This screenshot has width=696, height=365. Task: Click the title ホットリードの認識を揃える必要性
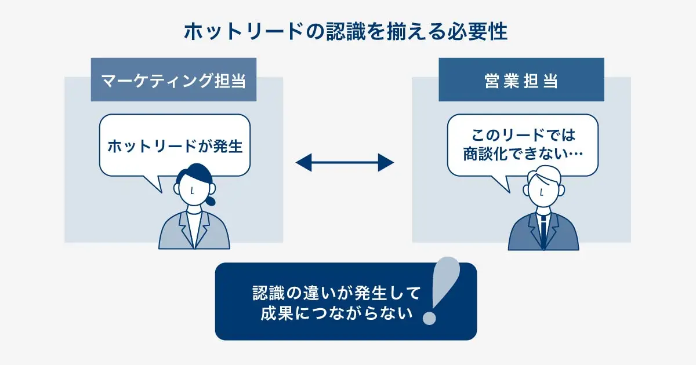[346, 32]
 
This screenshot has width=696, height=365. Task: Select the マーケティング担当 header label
[174, 81]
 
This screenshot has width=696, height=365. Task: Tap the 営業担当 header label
[521, 81]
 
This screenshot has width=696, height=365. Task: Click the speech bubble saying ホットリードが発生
[175, 146]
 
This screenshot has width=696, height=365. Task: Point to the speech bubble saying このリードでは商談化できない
[522, 145]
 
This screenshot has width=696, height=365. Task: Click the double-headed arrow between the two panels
[345, 163]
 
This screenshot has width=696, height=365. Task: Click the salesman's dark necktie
[543, 229]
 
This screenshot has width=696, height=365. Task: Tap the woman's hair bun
[211, 200]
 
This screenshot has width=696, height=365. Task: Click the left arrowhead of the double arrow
[303, 163]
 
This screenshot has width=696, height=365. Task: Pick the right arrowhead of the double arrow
[387, 163]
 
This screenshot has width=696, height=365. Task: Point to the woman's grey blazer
[174, 235]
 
